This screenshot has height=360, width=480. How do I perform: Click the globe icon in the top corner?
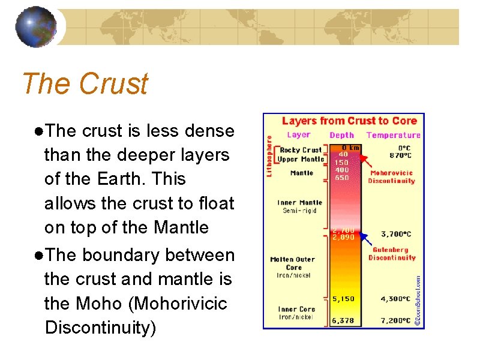click(35, 27)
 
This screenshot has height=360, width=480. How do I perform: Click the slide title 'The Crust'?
click(85, 83)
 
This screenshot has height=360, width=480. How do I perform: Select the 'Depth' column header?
click(342, 135)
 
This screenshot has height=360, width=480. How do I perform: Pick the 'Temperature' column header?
click(393, 135)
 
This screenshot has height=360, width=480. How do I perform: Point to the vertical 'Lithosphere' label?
click(269, 155)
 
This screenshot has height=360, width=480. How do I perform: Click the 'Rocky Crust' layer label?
click(301, 150)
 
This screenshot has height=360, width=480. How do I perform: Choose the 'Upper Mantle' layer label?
click(301, 159)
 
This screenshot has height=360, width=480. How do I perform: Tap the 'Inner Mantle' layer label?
click(299, 203)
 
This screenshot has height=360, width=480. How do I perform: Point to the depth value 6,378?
click(343, 321)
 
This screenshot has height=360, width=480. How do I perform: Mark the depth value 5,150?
click(343, 298)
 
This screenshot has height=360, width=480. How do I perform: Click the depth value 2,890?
click(343, 237)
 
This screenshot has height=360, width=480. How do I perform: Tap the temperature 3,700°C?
click(396, 234)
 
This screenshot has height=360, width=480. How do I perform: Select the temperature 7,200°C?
click(396, 321)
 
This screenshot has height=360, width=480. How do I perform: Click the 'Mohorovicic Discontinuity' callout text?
click(391, 177)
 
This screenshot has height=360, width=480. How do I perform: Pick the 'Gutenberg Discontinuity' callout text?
click(392, 254)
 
